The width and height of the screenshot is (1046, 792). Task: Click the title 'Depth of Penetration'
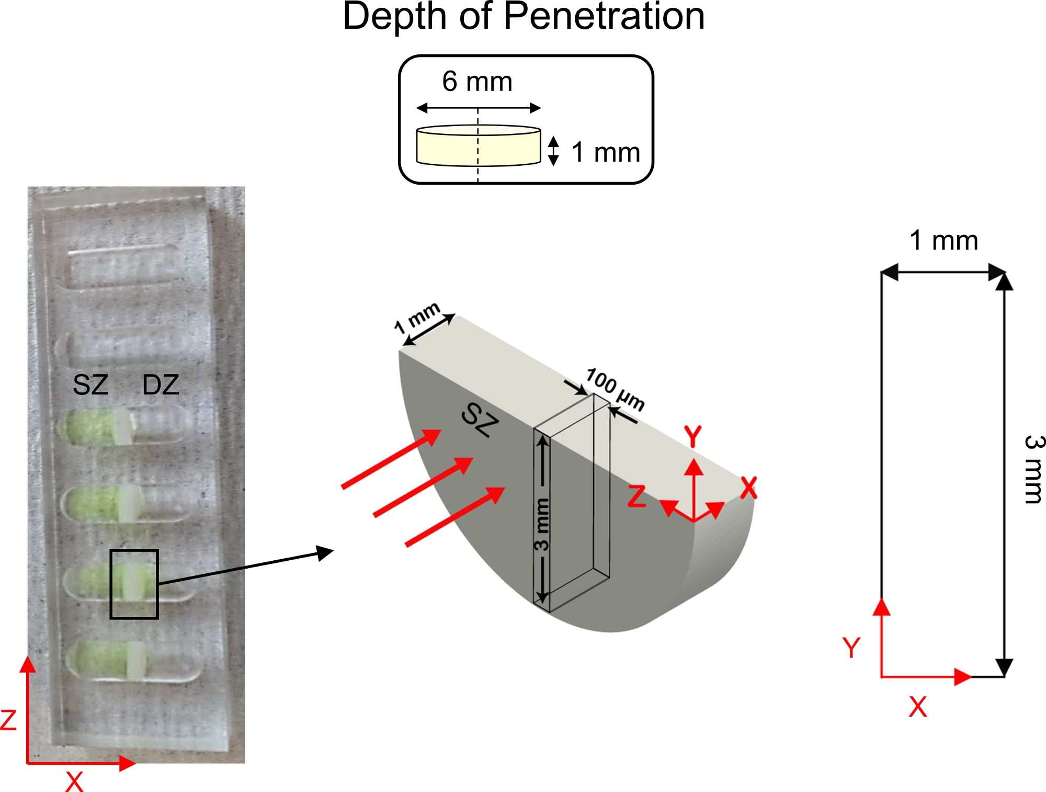524,17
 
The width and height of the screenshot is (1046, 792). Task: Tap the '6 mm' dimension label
477,82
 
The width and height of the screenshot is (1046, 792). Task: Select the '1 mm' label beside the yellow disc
606,153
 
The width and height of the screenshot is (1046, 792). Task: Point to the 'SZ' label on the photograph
90,385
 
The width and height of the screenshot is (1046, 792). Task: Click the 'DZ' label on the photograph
161,385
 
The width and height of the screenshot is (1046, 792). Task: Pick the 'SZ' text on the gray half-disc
480,420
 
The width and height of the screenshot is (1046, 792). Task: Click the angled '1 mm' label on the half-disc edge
417,318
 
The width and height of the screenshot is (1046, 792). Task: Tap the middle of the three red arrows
424,487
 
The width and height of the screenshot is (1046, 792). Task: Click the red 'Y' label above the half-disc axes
693,436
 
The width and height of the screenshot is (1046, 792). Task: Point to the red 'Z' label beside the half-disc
636,496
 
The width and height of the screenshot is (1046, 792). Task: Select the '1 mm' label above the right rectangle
943,241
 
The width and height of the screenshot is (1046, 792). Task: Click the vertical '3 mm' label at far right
1033,469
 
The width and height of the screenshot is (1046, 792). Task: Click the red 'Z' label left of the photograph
8,720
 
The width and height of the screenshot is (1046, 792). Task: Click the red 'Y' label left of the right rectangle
851,648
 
